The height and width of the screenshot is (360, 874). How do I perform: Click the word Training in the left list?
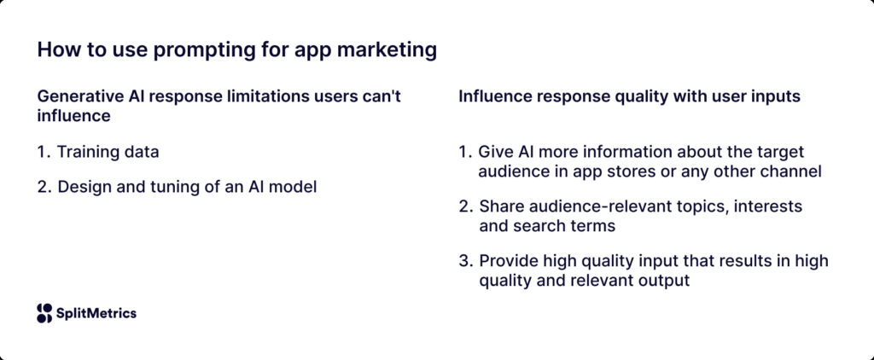click(87, 153)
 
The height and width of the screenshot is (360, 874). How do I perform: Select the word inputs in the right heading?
click(776, 96)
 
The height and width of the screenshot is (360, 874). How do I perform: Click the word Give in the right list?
click(497, 153)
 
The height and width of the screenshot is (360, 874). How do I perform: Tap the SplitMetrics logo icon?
click(44, 313)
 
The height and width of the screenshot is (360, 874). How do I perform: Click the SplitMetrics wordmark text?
click(96, 313)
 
